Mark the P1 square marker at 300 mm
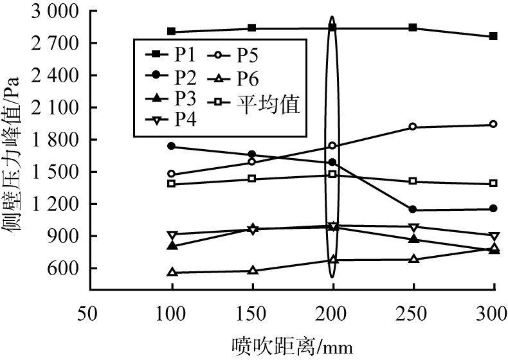coord(493,37)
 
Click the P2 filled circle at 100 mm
coord(171,147)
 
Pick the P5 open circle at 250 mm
coord(413,127)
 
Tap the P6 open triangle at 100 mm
coord(171,273)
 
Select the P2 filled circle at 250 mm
coord(413,210)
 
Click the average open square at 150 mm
coord(252,179)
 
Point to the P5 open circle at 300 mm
coord(493,124)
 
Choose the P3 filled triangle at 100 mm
coord(171,246)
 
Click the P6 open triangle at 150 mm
coord(252,271)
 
